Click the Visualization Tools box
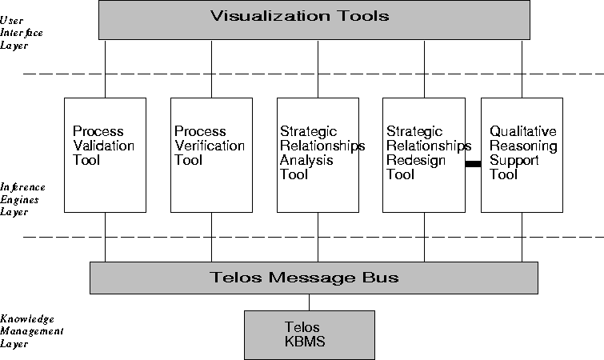point(314,19)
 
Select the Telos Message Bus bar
point(314,278)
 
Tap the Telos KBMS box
point(309,334)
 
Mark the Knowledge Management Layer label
point(31,330)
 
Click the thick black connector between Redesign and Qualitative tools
point(473,163)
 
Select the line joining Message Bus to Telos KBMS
point(309,302)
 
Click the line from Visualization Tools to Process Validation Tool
point(105,68)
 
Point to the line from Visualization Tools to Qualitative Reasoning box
point(522,68)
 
